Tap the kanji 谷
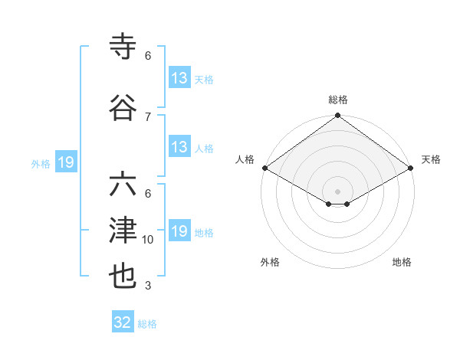[x=123, y=109]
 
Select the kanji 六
[x=123, y=186]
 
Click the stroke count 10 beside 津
[x=148, y=240]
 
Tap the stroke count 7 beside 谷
[x=148, y=116]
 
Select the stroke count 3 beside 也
[x=148, y=286]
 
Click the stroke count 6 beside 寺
[x=148, y=55]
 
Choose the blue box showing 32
[x=123, y=322]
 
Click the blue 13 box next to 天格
[x=179, y=78]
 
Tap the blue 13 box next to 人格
[x=179, y=147]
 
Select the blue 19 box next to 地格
[x=179, y=231]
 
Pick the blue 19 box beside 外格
[x=65, y=162]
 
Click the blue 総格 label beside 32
[x=147, y=324]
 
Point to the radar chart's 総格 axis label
[x=337, y=100]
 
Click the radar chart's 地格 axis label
[x=402, y=262]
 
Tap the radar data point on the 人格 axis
[x=264, y=168]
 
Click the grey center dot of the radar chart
[x=337, y=190]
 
